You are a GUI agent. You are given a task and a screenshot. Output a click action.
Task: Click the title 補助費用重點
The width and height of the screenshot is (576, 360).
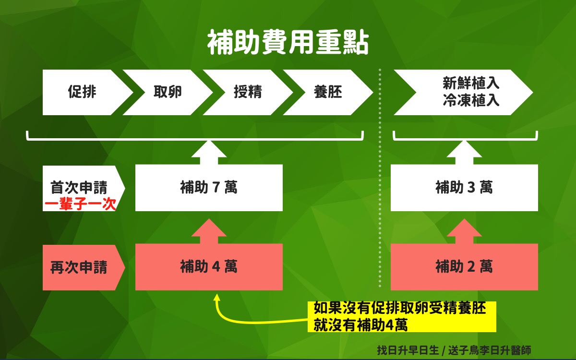pyautogui.click(x=288, y=44)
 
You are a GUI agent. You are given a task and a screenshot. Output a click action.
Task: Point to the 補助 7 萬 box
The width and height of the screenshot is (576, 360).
pyautogui.click(x=209, y=188)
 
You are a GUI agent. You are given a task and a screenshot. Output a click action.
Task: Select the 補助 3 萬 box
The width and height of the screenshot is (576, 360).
pyautogui.click(x=464, y=188)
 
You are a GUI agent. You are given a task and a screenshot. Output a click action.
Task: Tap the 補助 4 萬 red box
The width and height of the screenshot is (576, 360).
pyautogui.click(x=209, y=267)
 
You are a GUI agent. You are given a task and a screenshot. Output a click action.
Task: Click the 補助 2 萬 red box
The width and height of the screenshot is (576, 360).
pyautogui.click(x=464, y=267)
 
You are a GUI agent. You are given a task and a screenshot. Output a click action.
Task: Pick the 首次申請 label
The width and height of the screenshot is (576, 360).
pyautogui.click(x=79, y=187)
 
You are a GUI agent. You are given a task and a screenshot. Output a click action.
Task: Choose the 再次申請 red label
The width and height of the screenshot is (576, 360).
pyautogui.click(x=79, y=267)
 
